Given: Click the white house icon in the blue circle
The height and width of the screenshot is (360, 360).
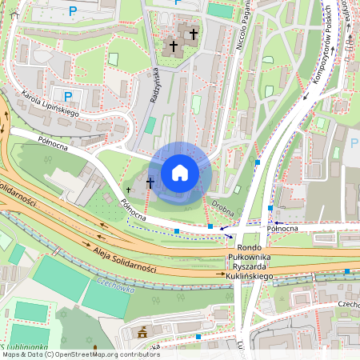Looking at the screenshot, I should coord(180,173).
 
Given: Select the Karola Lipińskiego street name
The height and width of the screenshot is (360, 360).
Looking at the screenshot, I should coord(56,101).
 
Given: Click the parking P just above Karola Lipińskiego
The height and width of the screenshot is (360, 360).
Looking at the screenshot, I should coord(68,96).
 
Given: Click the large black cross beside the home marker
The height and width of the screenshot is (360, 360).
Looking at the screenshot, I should coord(150,183).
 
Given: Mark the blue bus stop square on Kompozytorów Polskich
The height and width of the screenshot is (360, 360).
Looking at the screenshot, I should coord(258,162).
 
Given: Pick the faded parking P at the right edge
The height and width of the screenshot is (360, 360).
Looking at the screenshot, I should coord(354,144).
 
